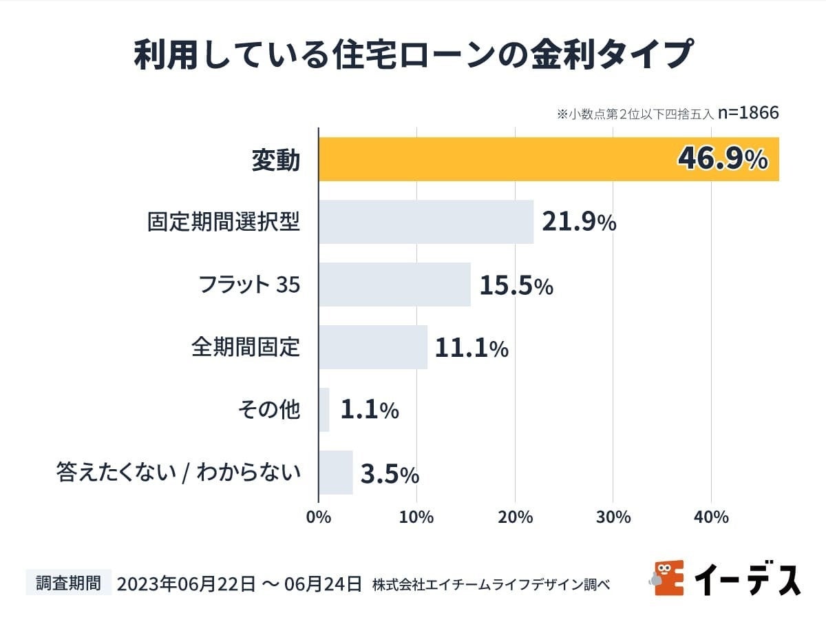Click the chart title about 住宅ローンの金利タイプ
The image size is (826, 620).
(412, 55)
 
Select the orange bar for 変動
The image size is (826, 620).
(496, 159)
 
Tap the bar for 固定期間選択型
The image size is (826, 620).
(426, 222)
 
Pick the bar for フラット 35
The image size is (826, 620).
(394, 285)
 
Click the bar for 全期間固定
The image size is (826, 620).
(373, 347)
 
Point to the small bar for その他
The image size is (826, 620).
(324, 410)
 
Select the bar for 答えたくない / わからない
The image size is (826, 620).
(336, 473)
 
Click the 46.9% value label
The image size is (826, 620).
(723, 159)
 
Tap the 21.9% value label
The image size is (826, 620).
(579, 222)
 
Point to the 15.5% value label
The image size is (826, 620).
(516, 285)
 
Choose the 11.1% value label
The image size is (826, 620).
(472, 348)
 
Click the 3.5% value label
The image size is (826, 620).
(390, 474)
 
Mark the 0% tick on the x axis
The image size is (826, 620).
(319, 517)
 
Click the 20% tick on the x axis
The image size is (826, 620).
(515, 517)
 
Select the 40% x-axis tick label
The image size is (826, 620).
(712, 517)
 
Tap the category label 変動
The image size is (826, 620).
(275, 160)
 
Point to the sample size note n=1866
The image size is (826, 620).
(748, 113)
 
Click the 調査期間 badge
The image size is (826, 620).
(68, 583)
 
